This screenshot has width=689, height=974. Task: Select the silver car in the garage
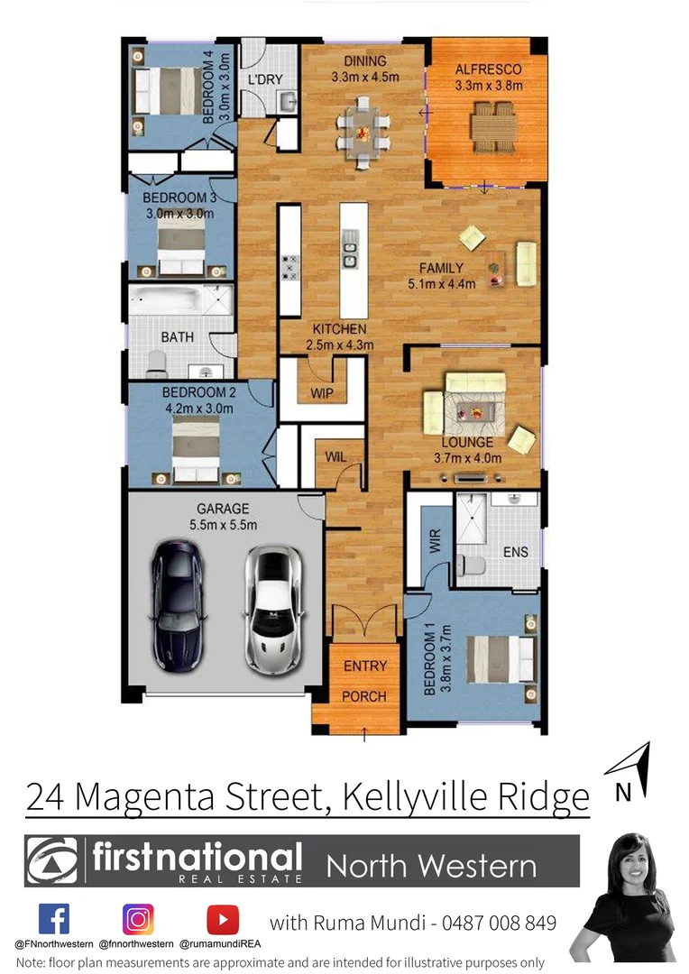[270, 605]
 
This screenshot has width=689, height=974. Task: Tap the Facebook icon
[54, 919]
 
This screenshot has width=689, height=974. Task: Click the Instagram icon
[138, 919]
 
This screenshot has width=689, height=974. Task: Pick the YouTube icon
[222, 919]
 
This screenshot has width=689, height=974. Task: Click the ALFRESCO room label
[489, 69]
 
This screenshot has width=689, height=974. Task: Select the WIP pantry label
[322, 393]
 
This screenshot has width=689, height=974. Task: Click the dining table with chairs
[363, 133]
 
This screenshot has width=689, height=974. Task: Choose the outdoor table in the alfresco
[491, 128]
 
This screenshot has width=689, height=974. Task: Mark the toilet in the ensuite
[471, 566]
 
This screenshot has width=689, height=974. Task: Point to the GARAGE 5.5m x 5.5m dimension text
[223, 517]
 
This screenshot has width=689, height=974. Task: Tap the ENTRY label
[365, 666]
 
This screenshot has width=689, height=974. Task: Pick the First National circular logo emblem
[52, 861]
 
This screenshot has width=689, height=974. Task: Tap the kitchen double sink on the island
[350, 250]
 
